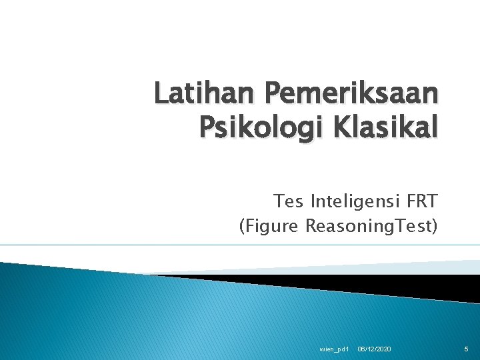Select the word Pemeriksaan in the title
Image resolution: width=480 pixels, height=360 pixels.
pos(353,94)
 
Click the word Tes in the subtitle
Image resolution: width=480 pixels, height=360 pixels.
pos(287,201)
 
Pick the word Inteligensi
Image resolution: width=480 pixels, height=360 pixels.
pos(355,201)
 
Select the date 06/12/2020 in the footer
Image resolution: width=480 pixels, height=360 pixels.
pos(374,350)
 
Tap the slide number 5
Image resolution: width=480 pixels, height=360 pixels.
pos(467,350)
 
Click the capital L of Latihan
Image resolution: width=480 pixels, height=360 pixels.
pos(161,94)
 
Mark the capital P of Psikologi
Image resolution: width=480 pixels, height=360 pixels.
pos(205,127)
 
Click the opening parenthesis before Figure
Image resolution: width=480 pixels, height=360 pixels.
pos(242,227)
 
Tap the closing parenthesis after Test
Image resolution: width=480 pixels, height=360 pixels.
pos(435,227)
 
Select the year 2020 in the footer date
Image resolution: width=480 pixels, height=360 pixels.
pos(383,350)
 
